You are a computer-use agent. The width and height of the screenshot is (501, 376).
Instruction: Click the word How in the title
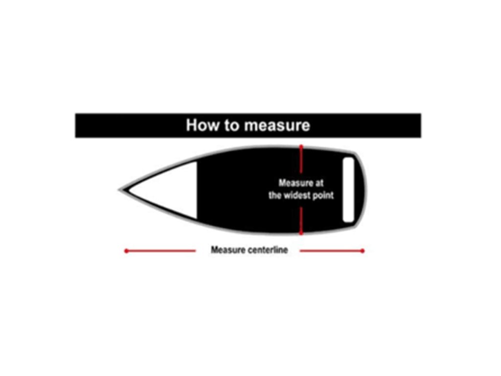(x=202, y=126)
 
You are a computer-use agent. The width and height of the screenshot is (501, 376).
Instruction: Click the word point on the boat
(x=323, y=195)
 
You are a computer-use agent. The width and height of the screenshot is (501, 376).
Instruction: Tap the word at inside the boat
(x=319, y=183)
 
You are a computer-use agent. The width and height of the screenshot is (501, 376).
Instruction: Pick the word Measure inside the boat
(x=295, y=183)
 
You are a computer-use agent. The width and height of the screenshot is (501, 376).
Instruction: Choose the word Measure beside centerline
(x=227, y=250)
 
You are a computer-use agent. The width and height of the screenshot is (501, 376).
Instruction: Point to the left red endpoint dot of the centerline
(x=126, y=251)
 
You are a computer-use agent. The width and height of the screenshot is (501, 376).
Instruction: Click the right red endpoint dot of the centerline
(x=363, y=251)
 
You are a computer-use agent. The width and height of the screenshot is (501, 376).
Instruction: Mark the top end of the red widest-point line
(x=301, y=146)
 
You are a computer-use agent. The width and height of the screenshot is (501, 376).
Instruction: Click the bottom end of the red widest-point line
(x=301, y=234)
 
